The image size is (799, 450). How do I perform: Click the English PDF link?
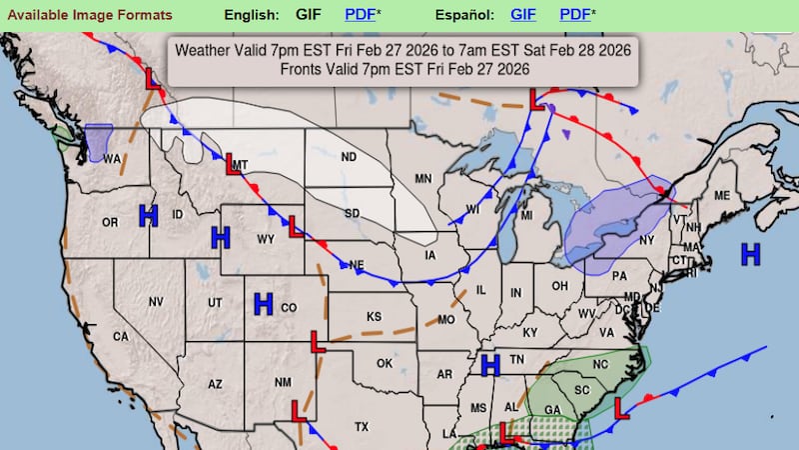[361, 15]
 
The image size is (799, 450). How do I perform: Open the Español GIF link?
[523, 15]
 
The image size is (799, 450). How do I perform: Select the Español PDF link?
[574, 15]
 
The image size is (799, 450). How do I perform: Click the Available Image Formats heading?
[87, 15]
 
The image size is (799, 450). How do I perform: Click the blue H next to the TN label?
[490, 365]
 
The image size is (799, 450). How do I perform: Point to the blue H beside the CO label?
[264, 304]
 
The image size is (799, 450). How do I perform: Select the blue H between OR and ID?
[149, 215]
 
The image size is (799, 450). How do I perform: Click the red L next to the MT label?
[232, 164]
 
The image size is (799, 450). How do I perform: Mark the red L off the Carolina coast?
[619, 408]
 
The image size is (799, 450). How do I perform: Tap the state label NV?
[156, 302]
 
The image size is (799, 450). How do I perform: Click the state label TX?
[362, 426]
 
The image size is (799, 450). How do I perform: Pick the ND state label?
[349, 157]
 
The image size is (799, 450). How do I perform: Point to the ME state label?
[722, 195]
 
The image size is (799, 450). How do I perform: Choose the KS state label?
[374, 317]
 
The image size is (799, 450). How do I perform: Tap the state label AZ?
[215, 384]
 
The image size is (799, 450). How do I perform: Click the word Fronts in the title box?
[303, 69]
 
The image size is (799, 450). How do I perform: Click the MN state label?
[423, 179]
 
